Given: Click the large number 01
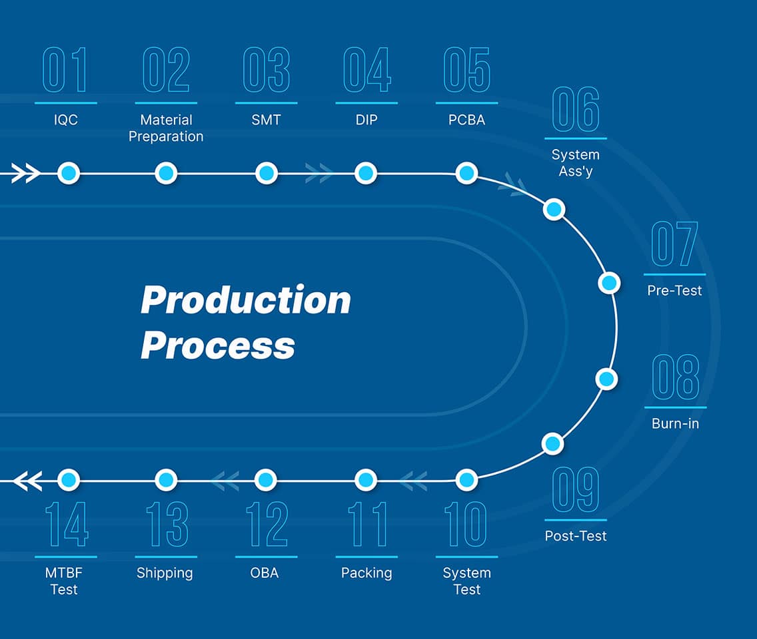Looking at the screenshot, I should [x=65, y=70].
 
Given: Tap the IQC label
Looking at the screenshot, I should [x=65, y=120].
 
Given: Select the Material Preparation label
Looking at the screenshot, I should [x=166, y=128].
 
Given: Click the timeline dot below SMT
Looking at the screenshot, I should [x=266, y=174].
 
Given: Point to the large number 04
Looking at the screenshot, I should [x=367, y=70].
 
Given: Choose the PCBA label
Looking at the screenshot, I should [x=466, y=120].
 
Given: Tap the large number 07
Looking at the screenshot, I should [x=674, y=244].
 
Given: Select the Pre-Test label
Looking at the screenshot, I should [x=674, y=291].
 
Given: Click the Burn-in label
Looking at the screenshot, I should [x=675, y=423].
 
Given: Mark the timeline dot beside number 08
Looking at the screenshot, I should [x=606, y=379].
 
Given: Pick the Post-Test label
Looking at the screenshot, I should [x=576, y=536].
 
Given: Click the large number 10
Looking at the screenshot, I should [x=466, y=525].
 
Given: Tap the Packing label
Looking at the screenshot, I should [x=367, y=573].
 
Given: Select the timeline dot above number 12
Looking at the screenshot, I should [x=266, y=479].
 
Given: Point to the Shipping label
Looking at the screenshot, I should [x=165, y=573].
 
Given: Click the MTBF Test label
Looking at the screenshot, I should [x=65, y=581].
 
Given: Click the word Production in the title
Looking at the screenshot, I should [x=246, y=300].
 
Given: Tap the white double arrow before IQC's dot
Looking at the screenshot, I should [x=26, y=174].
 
